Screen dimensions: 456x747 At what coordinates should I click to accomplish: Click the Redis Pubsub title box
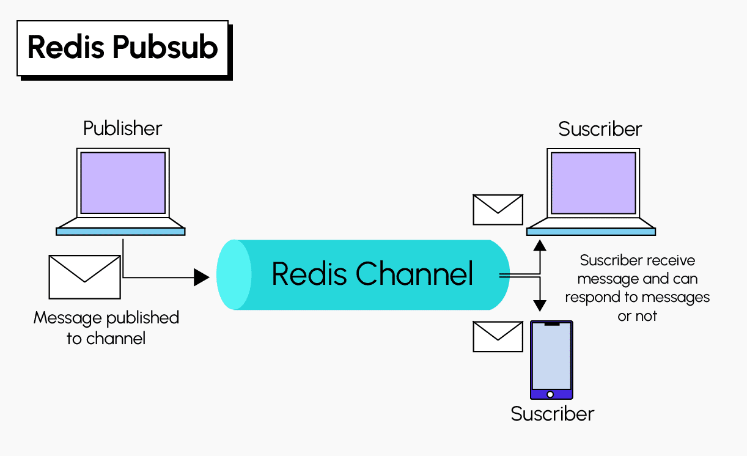tap(122, 48)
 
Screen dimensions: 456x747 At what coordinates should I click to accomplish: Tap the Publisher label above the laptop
tap(122, 128)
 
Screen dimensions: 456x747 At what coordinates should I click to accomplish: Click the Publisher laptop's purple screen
tap(123, 183)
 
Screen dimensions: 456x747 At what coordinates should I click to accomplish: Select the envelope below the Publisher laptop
tap(84, 277)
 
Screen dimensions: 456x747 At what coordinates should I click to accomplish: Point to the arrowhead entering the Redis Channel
tap(201, 278)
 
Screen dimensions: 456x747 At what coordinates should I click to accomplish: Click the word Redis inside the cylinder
tap(309, 274)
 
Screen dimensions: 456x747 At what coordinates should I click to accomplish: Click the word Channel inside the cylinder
tap(414, 274)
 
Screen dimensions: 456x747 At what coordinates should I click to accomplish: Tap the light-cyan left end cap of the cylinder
tap(234, 274)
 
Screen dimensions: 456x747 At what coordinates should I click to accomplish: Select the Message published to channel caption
tap(106, 328)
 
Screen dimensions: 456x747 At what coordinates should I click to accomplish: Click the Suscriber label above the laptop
tap(600, 129)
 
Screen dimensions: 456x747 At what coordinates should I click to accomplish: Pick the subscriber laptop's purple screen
tap(594, 183)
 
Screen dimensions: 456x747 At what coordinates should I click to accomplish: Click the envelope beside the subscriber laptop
tap(498, 210)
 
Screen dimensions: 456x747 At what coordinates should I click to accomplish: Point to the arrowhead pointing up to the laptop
tap(539, 245)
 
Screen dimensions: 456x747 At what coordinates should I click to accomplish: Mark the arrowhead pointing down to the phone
tap(539, 304)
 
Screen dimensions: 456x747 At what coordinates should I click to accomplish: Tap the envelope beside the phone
tap(498, 337)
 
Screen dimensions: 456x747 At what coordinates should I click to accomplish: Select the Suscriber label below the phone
tap(552, 414)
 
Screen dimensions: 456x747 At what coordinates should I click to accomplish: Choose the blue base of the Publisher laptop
tap(120, 231)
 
